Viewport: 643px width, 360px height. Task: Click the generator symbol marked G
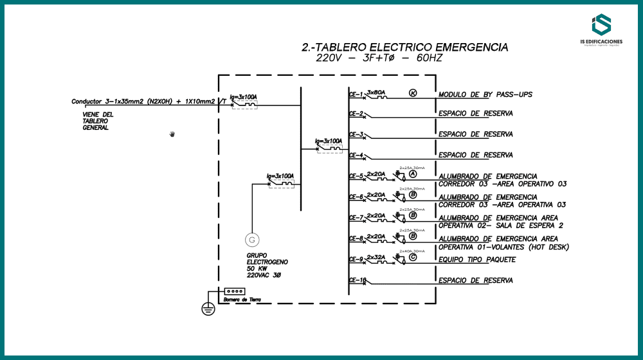[252, 240]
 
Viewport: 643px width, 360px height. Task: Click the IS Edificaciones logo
[601, 30]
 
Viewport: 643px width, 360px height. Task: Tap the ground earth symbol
[208, 309]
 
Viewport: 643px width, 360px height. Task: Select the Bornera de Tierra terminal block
[235, 291]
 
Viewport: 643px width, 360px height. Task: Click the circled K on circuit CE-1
[413, 93]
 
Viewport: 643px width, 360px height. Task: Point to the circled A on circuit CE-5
[413, 174]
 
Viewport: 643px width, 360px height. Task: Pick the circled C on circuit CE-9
[413, 257]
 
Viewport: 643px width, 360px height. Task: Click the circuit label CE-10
[358, 280]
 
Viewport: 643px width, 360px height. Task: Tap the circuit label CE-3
[356, 134]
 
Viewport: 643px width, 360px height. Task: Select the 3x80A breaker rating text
[376, 93]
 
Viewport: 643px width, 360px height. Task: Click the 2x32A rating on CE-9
[376, 257]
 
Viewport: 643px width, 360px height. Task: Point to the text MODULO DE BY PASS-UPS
[485, 95]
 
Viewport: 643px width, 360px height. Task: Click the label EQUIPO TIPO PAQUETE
[477, 260]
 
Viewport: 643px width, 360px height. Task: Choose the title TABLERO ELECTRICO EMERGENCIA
[404, 48]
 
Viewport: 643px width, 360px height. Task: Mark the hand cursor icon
[172, 134]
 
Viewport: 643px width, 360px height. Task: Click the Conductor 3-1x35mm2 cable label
[148, 102]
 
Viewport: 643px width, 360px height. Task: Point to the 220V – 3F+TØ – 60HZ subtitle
[379, 59]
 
